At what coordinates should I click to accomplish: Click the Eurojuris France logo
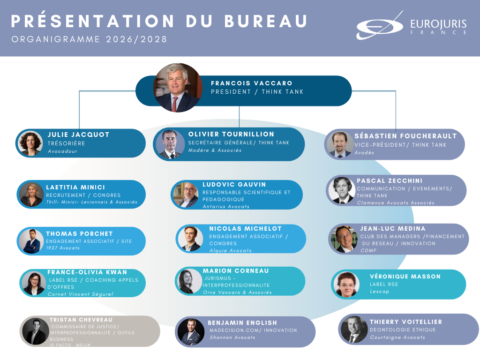[x=411, y=26]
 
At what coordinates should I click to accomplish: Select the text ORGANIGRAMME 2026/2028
[x=89, y=39]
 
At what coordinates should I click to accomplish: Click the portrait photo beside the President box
[x=178, y=88]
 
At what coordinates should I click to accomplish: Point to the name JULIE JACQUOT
[x=78, y=135]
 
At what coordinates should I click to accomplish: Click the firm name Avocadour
[x=62, y=151]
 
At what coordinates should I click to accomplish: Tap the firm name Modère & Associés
[x=215, y=150]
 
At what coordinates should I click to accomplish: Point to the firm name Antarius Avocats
[x=226, y=207]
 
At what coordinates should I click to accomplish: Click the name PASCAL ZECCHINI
[x=390, y=180]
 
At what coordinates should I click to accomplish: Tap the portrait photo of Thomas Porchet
[x=31, y=241]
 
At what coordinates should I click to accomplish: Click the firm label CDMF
[x=368, y=251]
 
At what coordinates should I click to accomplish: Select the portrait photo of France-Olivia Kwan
[x=34, y=283]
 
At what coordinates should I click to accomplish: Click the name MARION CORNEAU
[x=236, y=271]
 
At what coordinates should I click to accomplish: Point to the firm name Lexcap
[x=380, y=292]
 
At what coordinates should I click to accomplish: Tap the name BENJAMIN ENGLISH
[x=242, y=322]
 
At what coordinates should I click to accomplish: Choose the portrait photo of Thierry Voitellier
[x=354, y=329]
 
